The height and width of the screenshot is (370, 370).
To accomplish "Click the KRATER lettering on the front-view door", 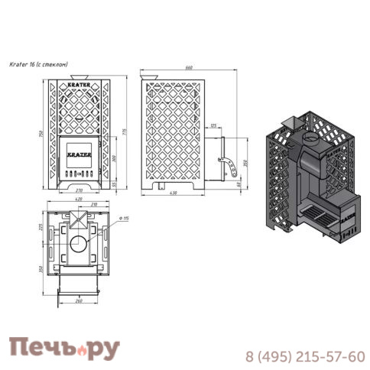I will [80, 152].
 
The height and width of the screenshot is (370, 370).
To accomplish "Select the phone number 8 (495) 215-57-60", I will [303, 356].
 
